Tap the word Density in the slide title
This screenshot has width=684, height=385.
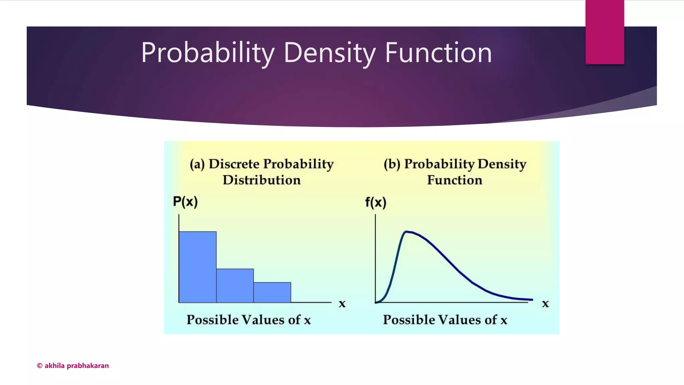[x=330, y=52]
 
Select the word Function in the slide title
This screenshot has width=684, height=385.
[x=438, y=52]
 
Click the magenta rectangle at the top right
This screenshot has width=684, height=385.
[x=605, y=32]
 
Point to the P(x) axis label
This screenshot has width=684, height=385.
[x=185, y=202]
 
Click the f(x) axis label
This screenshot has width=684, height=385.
[x=375, y=203]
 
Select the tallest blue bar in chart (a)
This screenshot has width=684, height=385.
[x=197, y=267]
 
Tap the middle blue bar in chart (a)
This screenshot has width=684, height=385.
[x=235, y=286]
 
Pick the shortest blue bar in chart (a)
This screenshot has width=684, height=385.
[x=272, y=292]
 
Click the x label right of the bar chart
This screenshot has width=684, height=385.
[x=342, y=304]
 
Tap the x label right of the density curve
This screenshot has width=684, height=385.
[x=545, y=304]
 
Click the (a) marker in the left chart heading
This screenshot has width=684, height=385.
[x=197, y=164]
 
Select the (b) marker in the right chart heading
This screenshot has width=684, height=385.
[x=392, y=164]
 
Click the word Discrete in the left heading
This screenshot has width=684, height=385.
[x=234, y=164]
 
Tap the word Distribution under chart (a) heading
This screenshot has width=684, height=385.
[x=262, y=180]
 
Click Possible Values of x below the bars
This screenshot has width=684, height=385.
[x=248, y=320]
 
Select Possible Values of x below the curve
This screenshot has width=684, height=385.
[x=445, y=320]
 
